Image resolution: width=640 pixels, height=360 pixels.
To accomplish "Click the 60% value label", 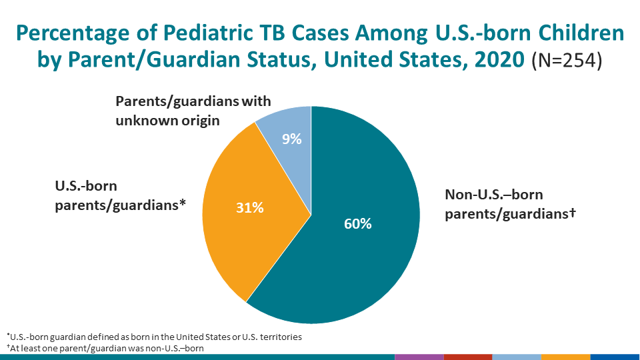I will [357, 224].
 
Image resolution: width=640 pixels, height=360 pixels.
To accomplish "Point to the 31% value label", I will [250, 208].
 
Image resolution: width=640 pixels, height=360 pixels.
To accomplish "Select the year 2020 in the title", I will [492, 60].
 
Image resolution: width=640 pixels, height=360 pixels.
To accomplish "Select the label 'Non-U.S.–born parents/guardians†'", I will [510, 204].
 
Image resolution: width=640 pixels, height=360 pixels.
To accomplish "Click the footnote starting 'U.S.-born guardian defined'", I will [154, 337].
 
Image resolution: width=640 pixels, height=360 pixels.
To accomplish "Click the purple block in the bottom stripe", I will [419, 357].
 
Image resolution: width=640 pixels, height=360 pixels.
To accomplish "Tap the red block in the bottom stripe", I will [467, 357].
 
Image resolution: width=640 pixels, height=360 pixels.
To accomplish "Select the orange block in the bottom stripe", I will [565, 357].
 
